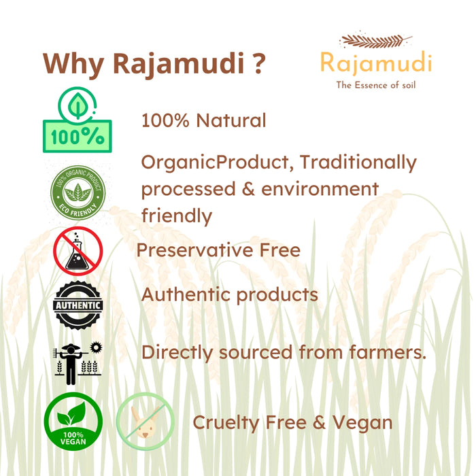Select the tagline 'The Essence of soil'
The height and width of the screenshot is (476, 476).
pyautogui.click(x=375, y=85)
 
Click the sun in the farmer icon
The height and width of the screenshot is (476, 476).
pyautogui.click(x=97, y=346)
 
